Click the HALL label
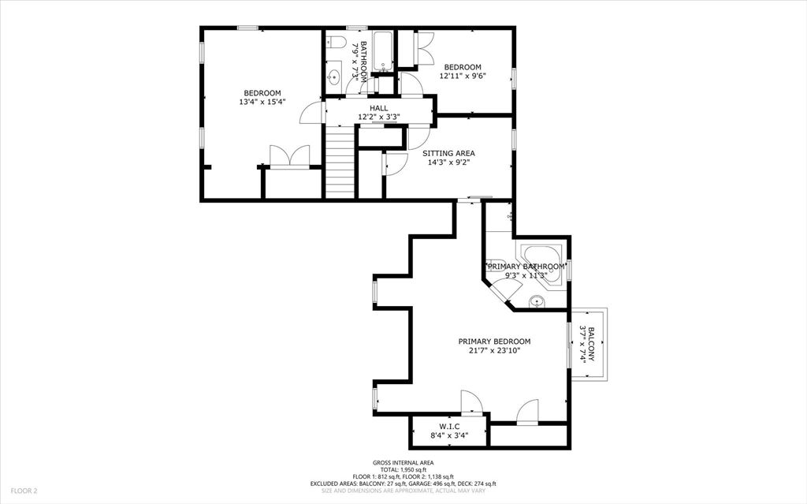tap(379, 108)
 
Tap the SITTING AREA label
tap(448, 153)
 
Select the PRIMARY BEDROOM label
tap(494, 342)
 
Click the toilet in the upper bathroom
tap(334, 43)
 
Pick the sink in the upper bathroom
tap(334, 77)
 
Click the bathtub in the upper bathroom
tap(384, 50)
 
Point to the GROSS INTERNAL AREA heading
tap(403, 463)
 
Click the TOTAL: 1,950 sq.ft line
tap(403, 470)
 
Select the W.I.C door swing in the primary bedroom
tap(471, 402)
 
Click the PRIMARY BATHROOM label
tap(526, 267)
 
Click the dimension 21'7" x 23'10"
tap(494, 351)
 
